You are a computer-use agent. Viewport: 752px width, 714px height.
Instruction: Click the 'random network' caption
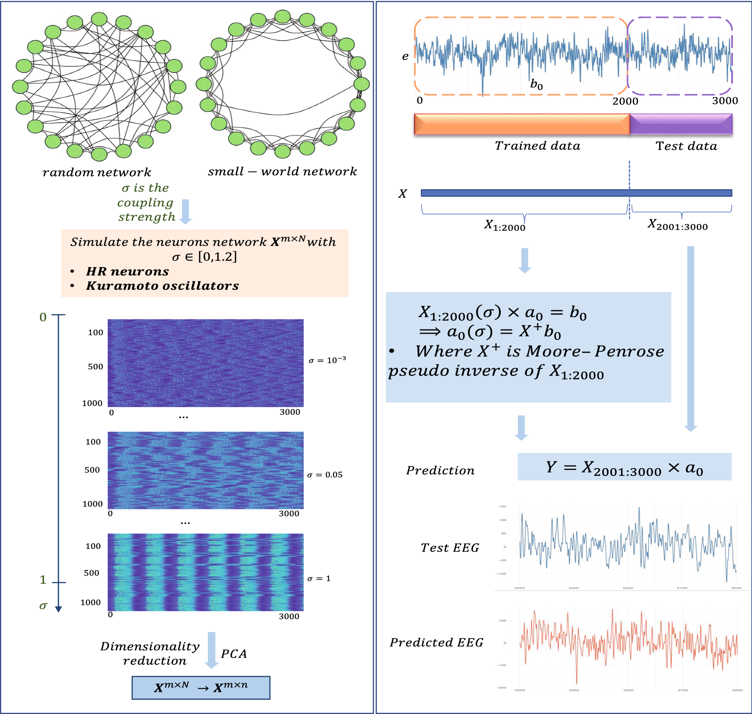point(97,172)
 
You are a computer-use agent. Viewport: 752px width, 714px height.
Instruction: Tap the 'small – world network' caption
point(282,171)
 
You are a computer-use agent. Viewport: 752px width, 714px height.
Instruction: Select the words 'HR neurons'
point(127,271)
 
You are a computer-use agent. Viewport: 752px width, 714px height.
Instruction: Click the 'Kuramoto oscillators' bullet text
point(162,286)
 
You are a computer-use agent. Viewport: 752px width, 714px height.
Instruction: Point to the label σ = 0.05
point(324,475)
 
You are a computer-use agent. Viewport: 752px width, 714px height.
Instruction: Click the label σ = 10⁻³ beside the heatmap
point(327,360)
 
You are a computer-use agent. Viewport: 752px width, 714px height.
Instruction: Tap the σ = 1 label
point(319,579)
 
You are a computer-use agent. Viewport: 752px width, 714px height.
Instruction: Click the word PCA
point(234,654)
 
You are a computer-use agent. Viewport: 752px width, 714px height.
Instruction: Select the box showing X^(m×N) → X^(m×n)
point(201,687)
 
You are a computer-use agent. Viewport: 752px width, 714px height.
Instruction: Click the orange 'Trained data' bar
point(522,124)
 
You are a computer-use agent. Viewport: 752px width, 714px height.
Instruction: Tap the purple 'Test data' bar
point(681,124)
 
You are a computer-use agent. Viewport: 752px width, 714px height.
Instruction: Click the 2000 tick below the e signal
point(625,101)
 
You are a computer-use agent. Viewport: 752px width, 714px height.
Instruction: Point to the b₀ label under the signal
point(537,84)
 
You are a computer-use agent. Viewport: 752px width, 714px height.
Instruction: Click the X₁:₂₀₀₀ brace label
point(505,225)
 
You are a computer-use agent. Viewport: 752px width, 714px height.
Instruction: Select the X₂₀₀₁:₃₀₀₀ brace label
point(677,225)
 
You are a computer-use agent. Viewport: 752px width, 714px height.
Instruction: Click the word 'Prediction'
point(440,470)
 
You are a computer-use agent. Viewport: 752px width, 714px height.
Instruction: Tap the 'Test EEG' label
point(450,548)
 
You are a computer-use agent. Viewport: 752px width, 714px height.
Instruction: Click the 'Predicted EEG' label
point(436,642)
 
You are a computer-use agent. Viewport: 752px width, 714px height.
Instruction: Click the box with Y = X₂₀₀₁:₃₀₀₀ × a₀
point(624,467)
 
